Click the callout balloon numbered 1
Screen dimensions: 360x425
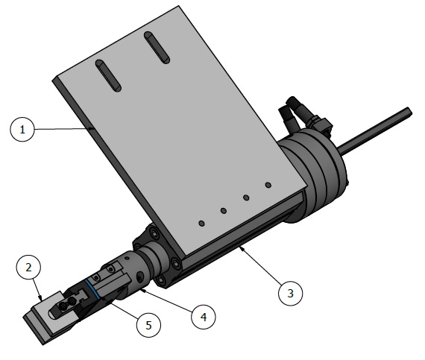click(23, 130)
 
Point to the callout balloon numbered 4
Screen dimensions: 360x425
click(202, 316)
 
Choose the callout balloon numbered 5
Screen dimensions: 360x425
click(148, 324)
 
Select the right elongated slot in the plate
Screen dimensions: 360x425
click(156, 48)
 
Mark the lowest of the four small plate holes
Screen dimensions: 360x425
click(201, 223)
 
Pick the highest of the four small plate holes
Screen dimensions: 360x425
click(268, 184)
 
